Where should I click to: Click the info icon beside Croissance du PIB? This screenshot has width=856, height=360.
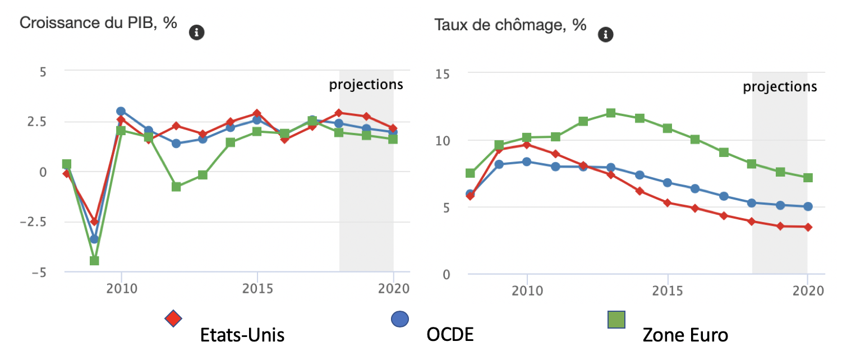click(x=196, y=33)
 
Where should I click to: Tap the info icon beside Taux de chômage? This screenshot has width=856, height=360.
click(x=605, y=35)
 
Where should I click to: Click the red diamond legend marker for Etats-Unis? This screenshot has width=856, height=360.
click(x=173, y=319)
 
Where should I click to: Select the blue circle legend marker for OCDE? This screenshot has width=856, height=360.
click(x=400, y=319)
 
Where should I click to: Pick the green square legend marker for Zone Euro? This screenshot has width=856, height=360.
click(x=616, y=320)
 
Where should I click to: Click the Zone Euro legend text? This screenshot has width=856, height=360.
click(x=685, y=335)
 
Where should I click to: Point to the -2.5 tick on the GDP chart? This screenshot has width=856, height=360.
click(x=33, y=222)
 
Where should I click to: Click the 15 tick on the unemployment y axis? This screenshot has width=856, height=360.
click(x=443, y=74)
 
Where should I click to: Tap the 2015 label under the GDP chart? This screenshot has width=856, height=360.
click(x=257, y=289)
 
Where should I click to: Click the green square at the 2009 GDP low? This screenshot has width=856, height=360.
click(x=94, y=261)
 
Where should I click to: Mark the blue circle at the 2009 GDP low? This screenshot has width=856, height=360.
click(x=94, y=239)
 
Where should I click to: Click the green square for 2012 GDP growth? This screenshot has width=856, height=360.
click(x=176, y=187)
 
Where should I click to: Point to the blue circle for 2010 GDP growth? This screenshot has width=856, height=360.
click(x=121, y=111)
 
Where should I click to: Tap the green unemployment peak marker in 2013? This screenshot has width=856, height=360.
click(x=611, y=113)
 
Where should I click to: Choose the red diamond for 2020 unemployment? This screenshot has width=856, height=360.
click(x=808, y=227)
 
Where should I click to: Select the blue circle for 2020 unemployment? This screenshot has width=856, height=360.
click(x=808, y=206)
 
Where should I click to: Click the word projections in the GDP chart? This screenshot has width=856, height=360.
click(x=366, y=85)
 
